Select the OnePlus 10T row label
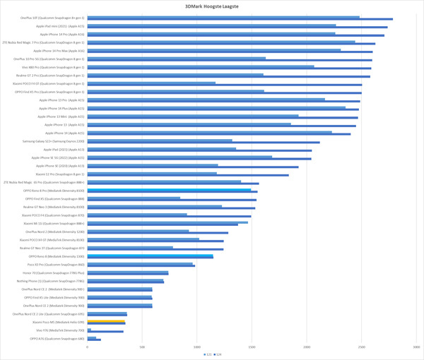point(52,18)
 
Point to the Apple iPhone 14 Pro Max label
point(61,51)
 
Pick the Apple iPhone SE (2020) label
point(61,166)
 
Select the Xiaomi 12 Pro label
point(60,174)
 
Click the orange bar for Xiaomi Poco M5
point(106,321)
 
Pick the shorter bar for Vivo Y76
point(89,329)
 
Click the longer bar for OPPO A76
point(94,340)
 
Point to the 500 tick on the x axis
point(142,347)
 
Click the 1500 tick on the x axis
point(252,347)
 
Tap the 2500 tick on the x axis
point(360,347)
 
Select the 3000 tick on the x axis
point(416,347)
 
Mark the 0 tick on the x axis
point(88,347)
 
